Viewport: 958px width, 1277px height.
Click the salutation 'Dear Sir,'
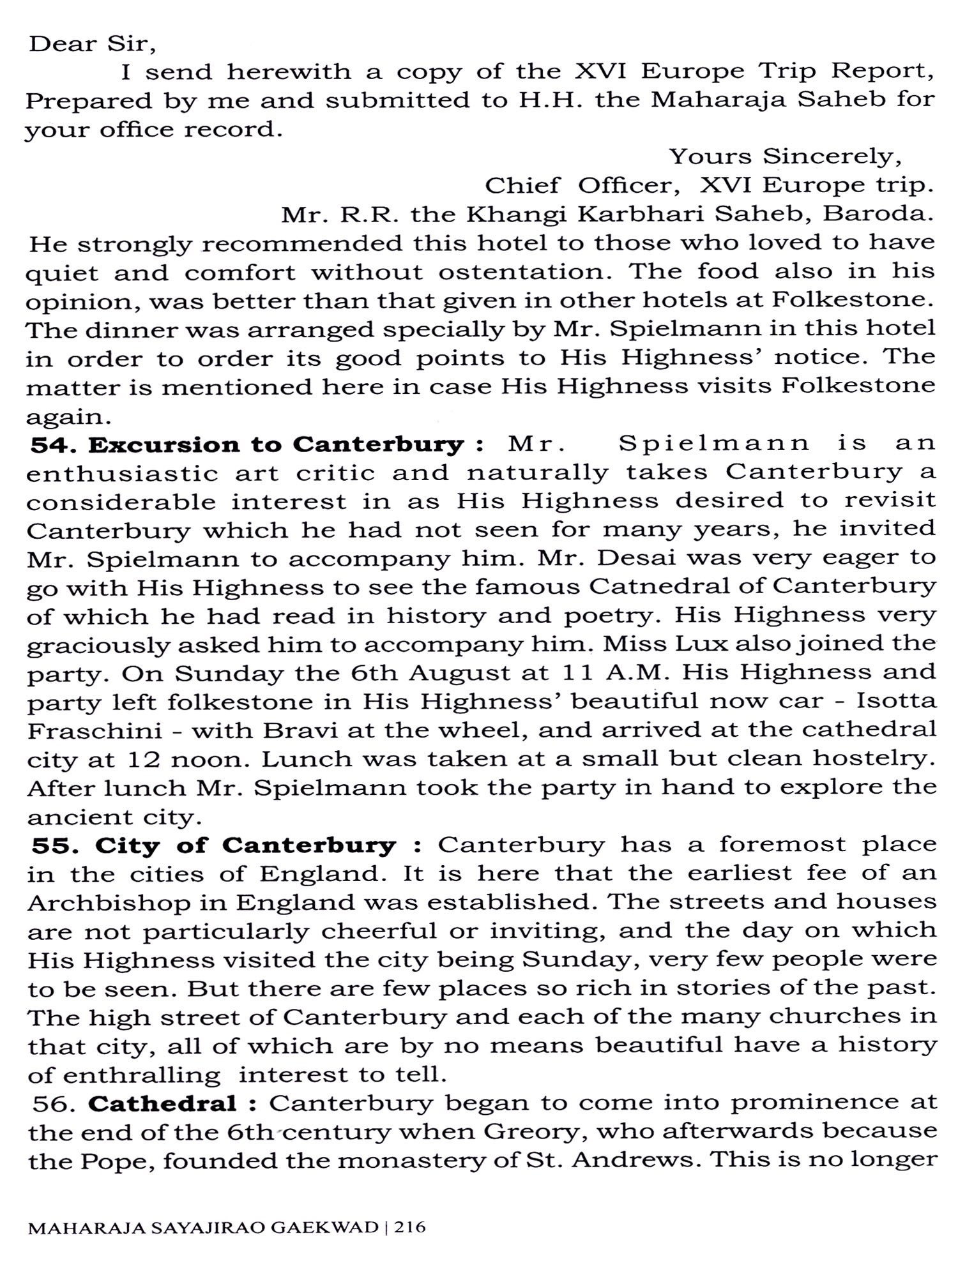click(x=92, y=44)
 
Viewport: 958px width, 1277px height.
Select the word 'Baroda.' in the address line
click(x=878, y=213)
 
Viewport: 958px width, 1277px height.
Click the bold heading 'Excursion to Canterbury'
click(x=276, y=444)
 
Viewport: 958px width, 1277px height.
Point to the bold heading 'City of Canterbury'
click(x=246, y=845)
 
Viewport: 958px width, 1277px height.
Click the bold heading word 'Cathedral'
click(x=162, y=1103)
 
